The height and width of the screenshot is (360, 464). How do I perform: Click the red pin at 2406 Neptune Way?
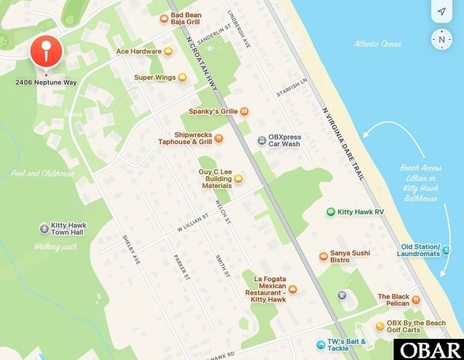pos(46,53)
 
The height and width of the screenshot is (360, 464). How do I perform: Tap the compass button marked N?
pos(442,39)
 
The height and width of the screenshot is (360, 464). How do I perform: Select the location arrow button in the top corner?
pos(442,12)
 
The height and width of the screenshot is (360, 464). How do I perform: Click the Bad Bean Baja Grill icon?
pos(163,19)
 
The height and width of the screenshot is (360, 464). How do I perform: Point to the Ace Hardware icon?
pos(168,52)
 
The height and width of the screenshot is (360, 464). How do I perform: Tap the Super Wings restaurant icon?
pos(181,77)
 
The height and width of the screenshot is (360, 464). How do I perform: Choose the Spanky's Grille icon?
pos(244,111)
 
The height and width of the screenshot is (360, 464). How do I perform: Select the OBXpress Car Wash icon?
pos(261,140)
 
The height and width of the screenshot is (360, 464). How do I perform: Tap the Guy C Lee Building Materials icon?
pos(238,178)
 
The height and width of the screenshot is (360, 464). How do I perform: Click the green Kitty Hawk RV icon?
pos(330,212)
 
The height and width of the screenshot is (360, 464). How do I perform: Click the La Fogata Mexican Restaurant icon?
pos(293,289)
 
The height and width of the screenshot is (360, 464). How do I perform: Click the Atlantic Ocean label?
pos(378,44)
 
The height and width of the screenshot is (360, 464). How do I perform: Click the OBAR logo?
pos(430,349)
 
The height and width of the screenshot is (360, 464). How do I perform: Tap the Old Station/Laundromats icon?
pos(446,250)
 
